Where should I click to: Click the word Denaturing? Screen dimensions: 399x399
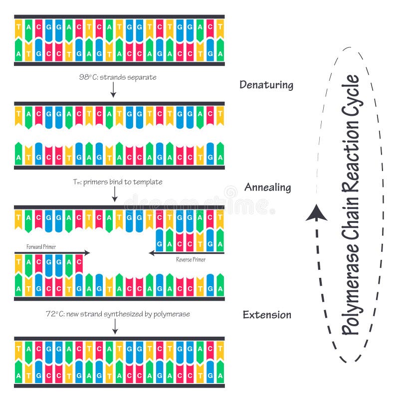pos(266,85)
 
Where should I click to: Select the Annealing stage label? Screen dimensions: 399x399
pos(267,188)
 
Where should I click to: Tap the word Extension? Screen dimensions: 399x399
pos(267,315)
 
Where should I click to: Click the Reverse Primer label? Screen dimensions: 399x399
pos(191,260)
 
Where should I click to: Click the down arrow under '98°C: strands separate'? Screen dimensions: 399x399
pos(114,90)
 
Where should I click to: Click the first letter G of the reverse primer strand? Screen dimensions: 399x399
pos(159,244)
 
